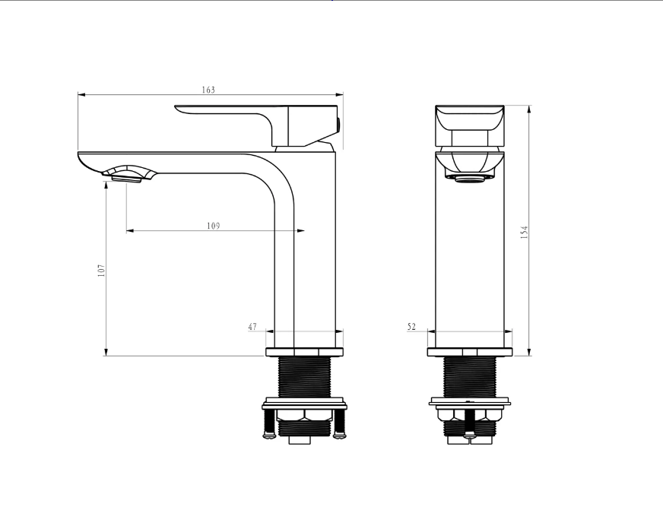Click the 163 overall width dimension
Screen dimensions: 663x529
coord(208,90)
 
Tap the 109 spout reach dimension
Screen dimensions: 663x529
coord(214,226)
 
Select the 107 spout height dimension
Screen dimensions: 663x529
coord(101,271)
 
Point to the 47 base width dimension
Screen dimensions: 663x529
coord(252,327)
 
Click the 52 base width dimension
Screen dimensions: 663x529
coord(411,327)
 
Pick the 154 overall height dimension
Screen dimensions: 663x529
coord(525,233)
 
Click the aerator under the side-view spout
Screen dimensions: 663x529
coord(126,179)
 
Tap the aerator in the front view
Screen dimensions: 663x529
coord(469,179)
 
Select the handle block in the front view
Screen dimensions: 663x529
coord(470,126)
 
